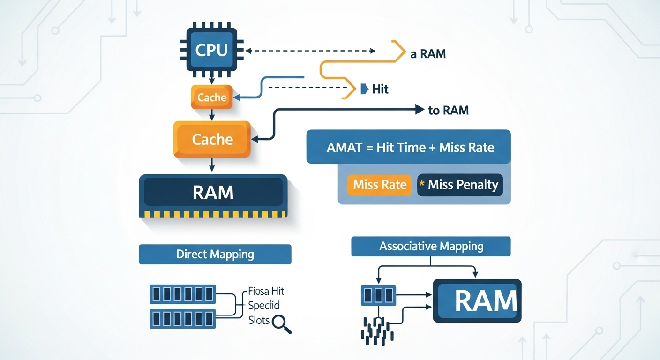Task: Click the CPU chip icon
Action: click(x=211, y=50)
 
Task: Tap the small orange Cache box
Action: click(x=212, y=97)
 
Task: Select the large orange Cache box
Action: click(x=212, y=139)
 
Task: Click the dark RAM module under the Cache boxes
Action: click(x=213, y=193)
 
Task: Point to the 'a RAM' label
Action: click(x=428, y=54)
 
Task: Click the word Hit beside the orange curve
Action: click(x=380, y=89)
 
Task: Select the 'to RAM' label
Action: click(x=448, y=111)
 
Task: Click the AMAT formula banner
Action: click(x=408, y=147)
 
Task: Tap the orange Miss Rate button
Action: click(x=380, y=185)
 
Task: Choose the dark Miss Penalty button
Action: click(x=460, y=185)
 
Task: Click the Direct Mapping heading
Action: click(x=215, y=255)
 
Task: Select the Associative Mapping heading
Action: click(x=431, y=246)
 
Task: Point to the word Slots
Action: click(x=259, y=320)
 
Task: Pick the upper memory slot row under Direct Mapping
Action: click(x=182, y=294)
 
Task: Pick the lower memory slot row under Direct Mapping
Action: click(x=182, y=319)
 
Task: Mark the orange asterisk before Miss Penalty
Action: click(x=422, y=184)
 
